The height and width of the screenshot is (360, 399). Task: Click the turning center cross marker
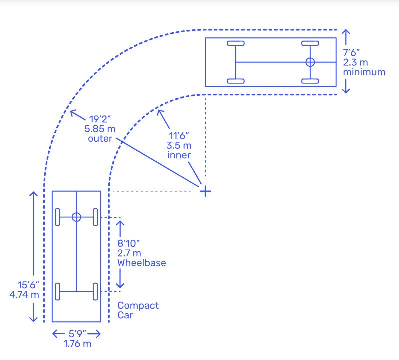(205, 191)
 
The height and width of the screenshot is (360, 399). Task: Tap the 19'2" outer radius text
(100, 119)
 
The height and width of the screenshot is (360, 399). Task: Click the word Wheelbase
(141, 263)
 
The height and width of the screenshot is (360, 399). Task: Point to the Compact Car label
(138, 310)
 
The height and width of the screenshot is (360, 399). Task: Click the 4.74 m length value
(24, 294)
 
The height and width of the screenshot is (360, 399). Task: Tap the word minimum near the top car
(364, 72)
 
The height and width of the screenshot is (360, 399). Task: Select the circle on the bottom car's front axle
(76, 217)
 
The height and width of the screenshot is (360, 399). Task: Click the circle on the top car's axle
(310, 62)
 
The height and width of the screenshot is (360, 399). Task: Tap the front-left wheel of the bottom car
(58, 217)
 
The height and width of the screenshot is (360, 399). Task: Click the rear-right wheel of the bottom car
(95, 291)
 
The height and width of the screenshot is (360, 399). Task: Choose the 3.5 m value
(179, 145)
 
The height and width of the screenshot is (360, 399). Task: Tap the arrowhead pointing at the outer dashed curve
(72, 112)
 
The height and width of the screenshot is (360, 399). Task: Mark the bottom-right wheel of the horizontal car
(310, 81)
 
